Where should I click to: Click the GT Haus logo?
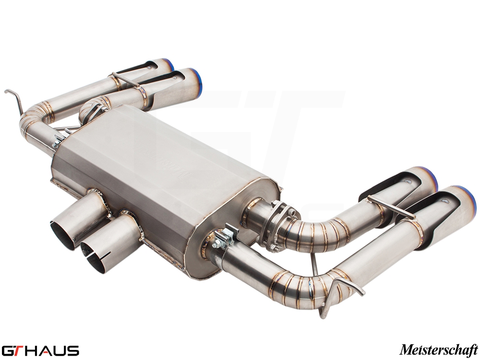(x=40, y=350)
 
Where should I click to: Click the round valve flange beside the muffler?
(x=280, y=225)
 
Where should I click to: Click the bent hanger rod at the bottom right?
(x=339, y=291)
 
